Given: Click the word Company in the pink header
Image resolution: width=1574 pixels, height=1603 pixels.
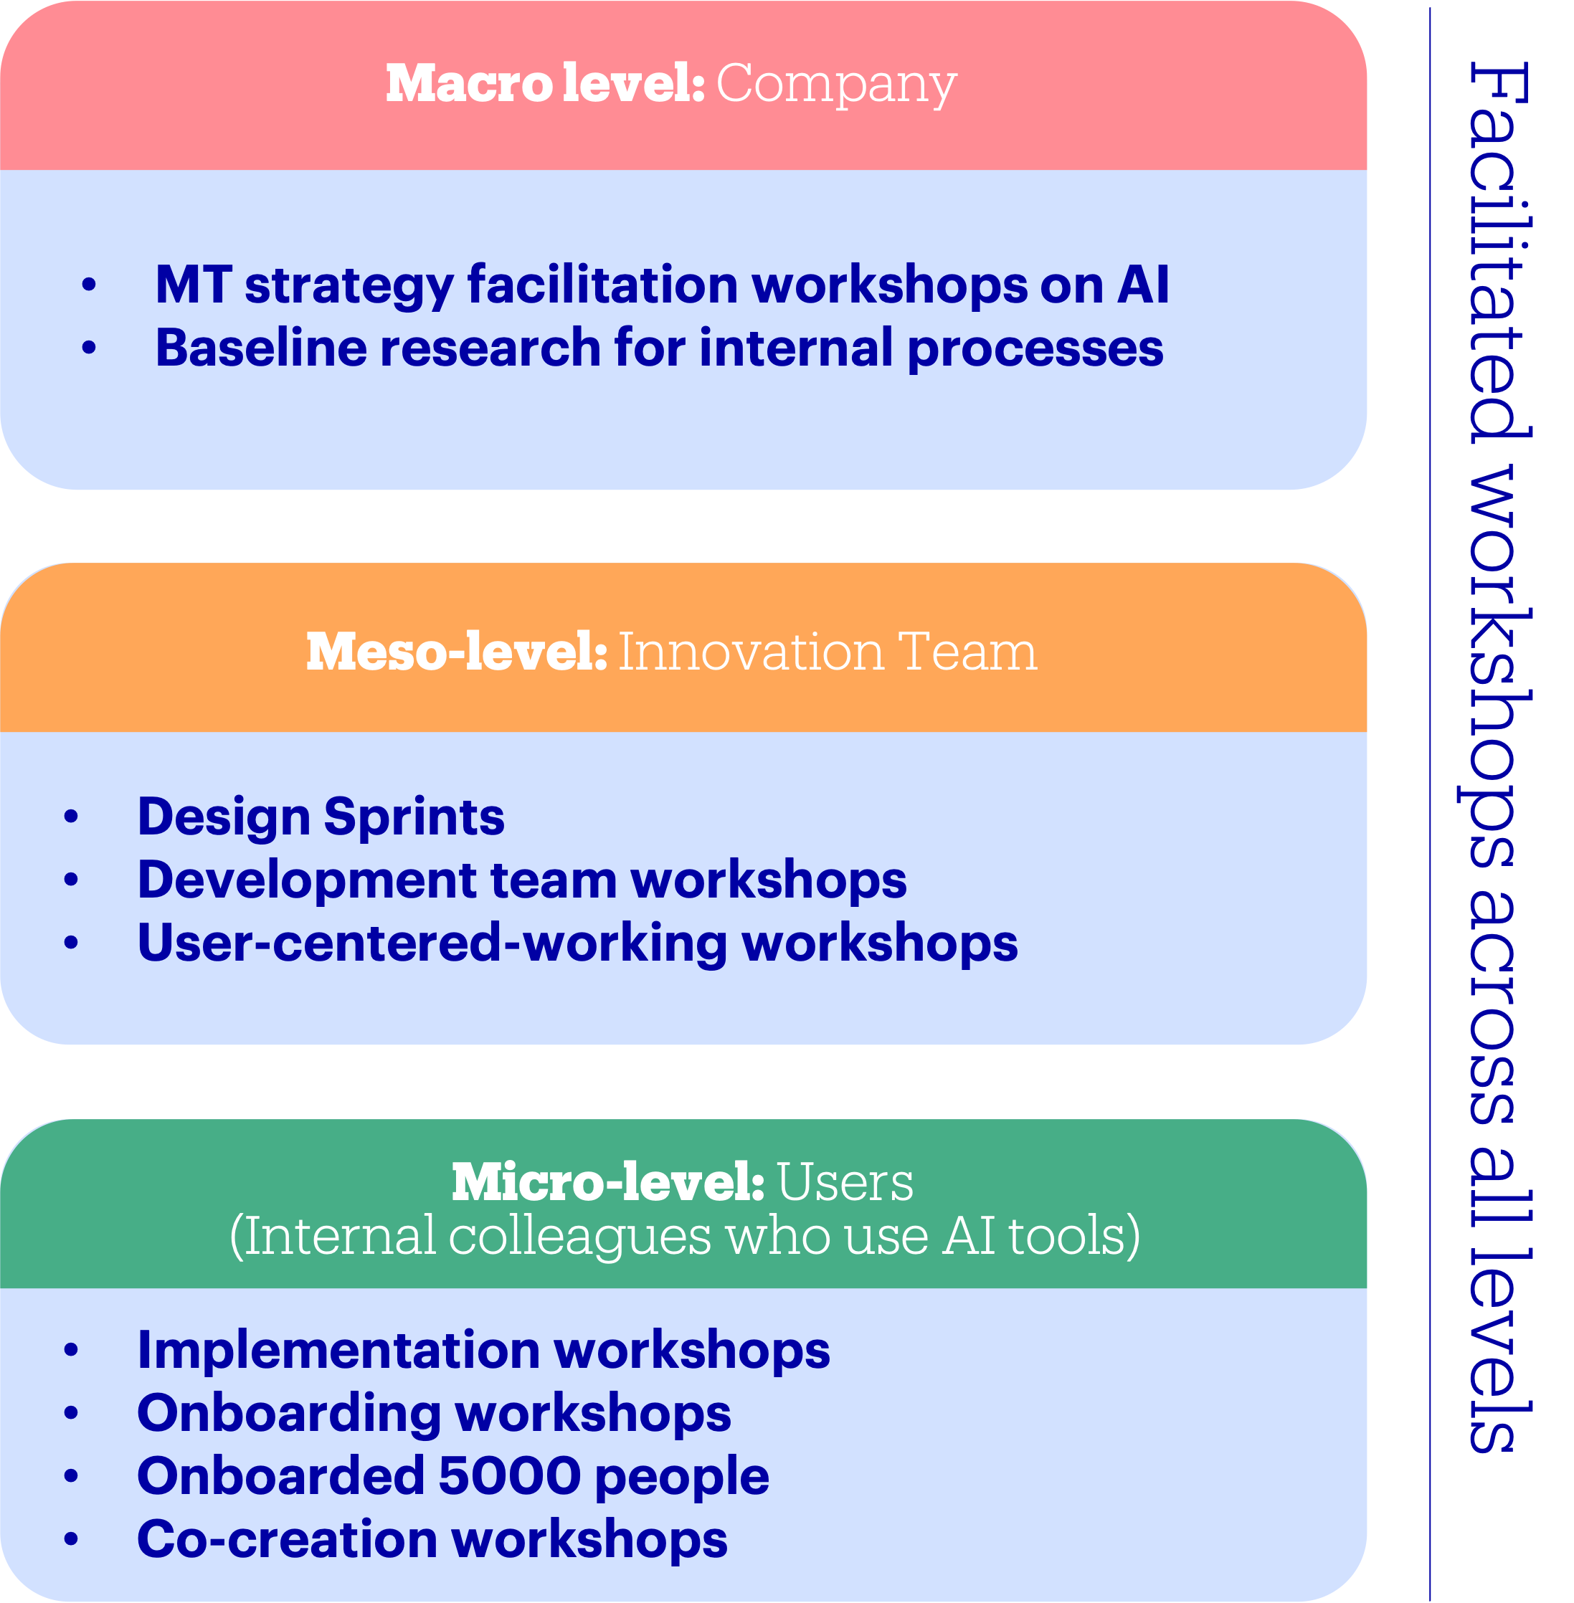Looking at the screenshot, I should click(836, 85).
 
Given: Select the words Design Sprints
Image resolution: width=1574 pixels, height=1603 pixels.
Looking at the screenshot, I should click(321, 817).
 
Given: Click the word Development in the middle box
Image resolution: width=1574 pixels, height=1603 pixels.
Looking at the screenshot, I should click(306, 880).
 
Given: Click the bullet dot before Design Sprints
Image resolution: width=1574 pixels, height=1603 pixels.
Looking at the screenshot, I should click(71, 817).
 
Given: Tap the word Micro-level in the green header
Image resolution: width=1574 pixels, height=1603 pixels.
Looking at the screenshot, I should click(607, 1183).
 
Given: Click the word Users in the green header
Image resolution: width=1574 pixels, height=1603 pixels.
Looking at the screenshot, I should click(845, 1183).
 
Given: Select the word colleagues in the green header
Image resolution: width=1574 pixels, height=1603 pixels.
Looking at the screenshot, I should click(579, 1237).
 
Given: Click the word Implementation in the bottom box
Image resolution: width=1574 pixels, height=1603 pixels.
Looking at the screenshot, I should click(338, 1350).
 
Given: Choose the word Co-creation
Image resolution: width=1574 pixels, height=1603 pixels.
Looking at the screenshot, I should click(287, 1538).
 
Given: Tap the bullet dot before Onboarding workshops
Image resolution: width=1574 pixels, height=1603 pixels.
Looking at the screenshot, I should click(71, 1414).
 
